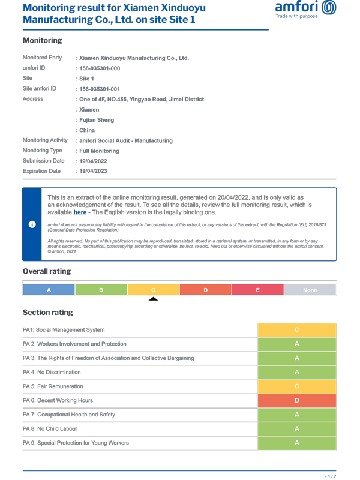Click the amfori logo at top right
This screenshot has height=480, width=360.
tap(305, 10)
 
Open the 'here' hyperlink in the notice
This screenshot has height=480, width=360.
tap(80, 212)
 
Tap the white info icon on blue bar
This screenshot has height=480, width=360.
tap(32, 224)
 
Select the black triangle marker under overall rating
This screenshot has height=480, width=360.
tap(154, 299)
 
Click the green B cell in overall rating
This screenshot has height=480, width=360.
tap(101, 290)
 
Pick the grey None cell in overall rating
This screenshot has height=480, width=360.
tap(310, 290)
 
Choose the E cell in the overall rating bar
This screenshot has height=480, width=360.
tap(257, 290)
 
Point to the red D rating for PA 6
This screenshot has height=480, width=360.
tap(296, 400)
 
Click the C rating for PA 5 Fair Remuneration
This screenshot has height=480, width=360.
tap(296, 386)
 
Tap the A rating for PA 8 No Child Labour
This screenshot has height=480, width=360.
tap(296, 429)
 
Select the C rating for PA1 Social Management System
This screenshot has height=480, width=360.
tap(296, 330)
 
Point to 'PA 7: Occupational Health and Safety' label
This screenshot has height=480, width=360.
tap(69, 415)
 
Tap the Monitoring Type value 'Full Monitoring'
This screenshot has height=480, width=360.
tap(99, 151)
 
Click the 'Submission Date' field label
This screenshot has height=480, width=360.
tap(43, 161)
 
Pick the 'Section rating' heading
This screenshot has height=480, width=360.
tap(48, 313)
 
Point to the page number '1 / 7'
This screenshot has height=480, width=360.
tap(330, 476)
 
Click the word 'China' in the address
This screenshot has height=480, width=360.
tap(86, 130)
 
